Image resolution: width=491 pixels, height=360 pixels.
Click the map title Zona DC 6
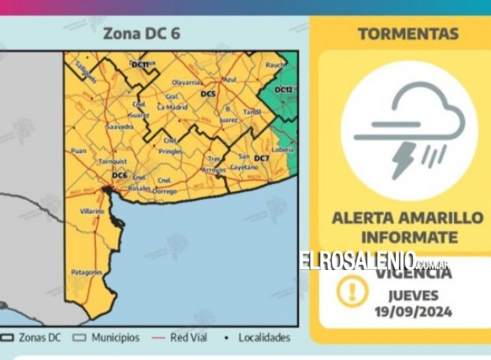[141, 34]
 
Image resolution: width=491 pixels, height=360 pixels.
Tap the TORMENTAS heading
[408, 34]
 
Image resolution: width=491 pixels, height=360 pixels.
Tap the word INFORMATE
[408, 237]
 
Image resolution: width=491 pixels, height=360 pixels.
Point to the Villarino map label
[92, 212]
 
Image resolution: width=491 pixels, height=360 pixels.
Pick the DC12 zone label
[283, 90]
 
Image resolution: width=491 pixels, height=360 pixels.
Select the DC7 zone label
[262, 158]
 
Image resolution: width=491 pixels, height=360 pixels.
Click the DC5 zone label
[208, 93]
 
